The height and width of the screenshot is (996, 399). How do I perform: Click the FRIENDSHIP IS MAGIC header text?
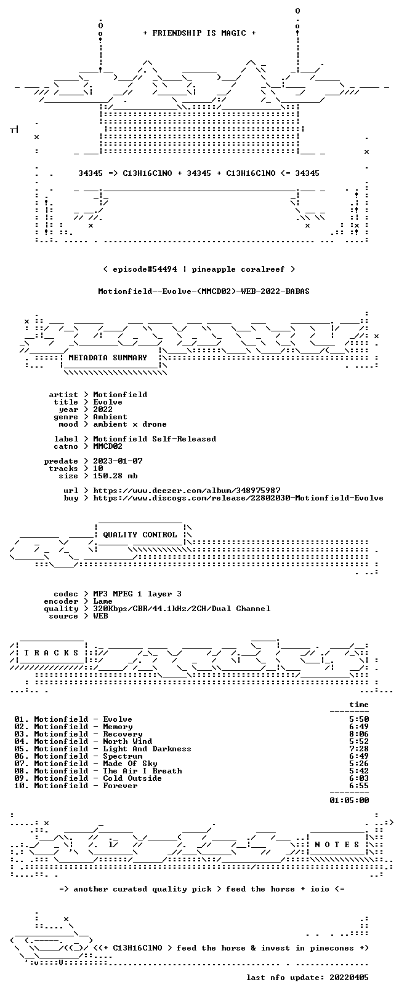coord(199,33)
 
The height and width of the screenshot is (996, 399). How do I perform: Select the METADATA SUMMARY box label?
coord(108,357)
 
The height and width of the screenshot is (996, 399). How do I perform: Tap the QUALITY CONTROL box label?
coord(140,534)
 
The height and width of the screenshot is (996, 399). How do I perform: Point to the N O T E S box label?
coord(337,844)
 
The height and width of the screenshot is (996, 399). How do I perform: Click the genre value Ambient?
coord(110,417)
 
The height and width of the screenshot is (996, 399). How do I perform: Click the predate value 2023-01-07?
coord(118,460)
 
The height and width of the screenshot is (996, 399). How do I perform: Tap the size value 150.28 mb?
coord(115,476)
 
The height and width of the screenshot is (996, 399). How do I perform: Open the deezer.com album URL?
coord(187,491)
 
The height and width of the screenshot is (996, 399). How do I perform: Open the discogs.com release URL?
coord(238,498)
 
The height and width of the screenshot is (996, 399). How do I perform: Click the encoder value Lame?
coord(103,601)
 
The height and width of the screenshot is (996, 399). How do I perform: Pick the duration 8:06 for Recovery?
coord(359,734)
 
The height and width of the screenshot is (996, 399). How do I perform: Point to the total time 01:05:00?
coord(349,800)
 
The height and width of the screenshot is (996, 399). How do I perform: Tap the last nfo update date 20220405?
coord(349,978)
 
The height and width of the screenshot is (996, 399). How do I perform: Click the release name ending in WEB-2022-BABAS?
coord(204,291)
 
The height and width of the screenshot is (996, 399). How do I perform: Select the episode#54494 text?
coord(145,269)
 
